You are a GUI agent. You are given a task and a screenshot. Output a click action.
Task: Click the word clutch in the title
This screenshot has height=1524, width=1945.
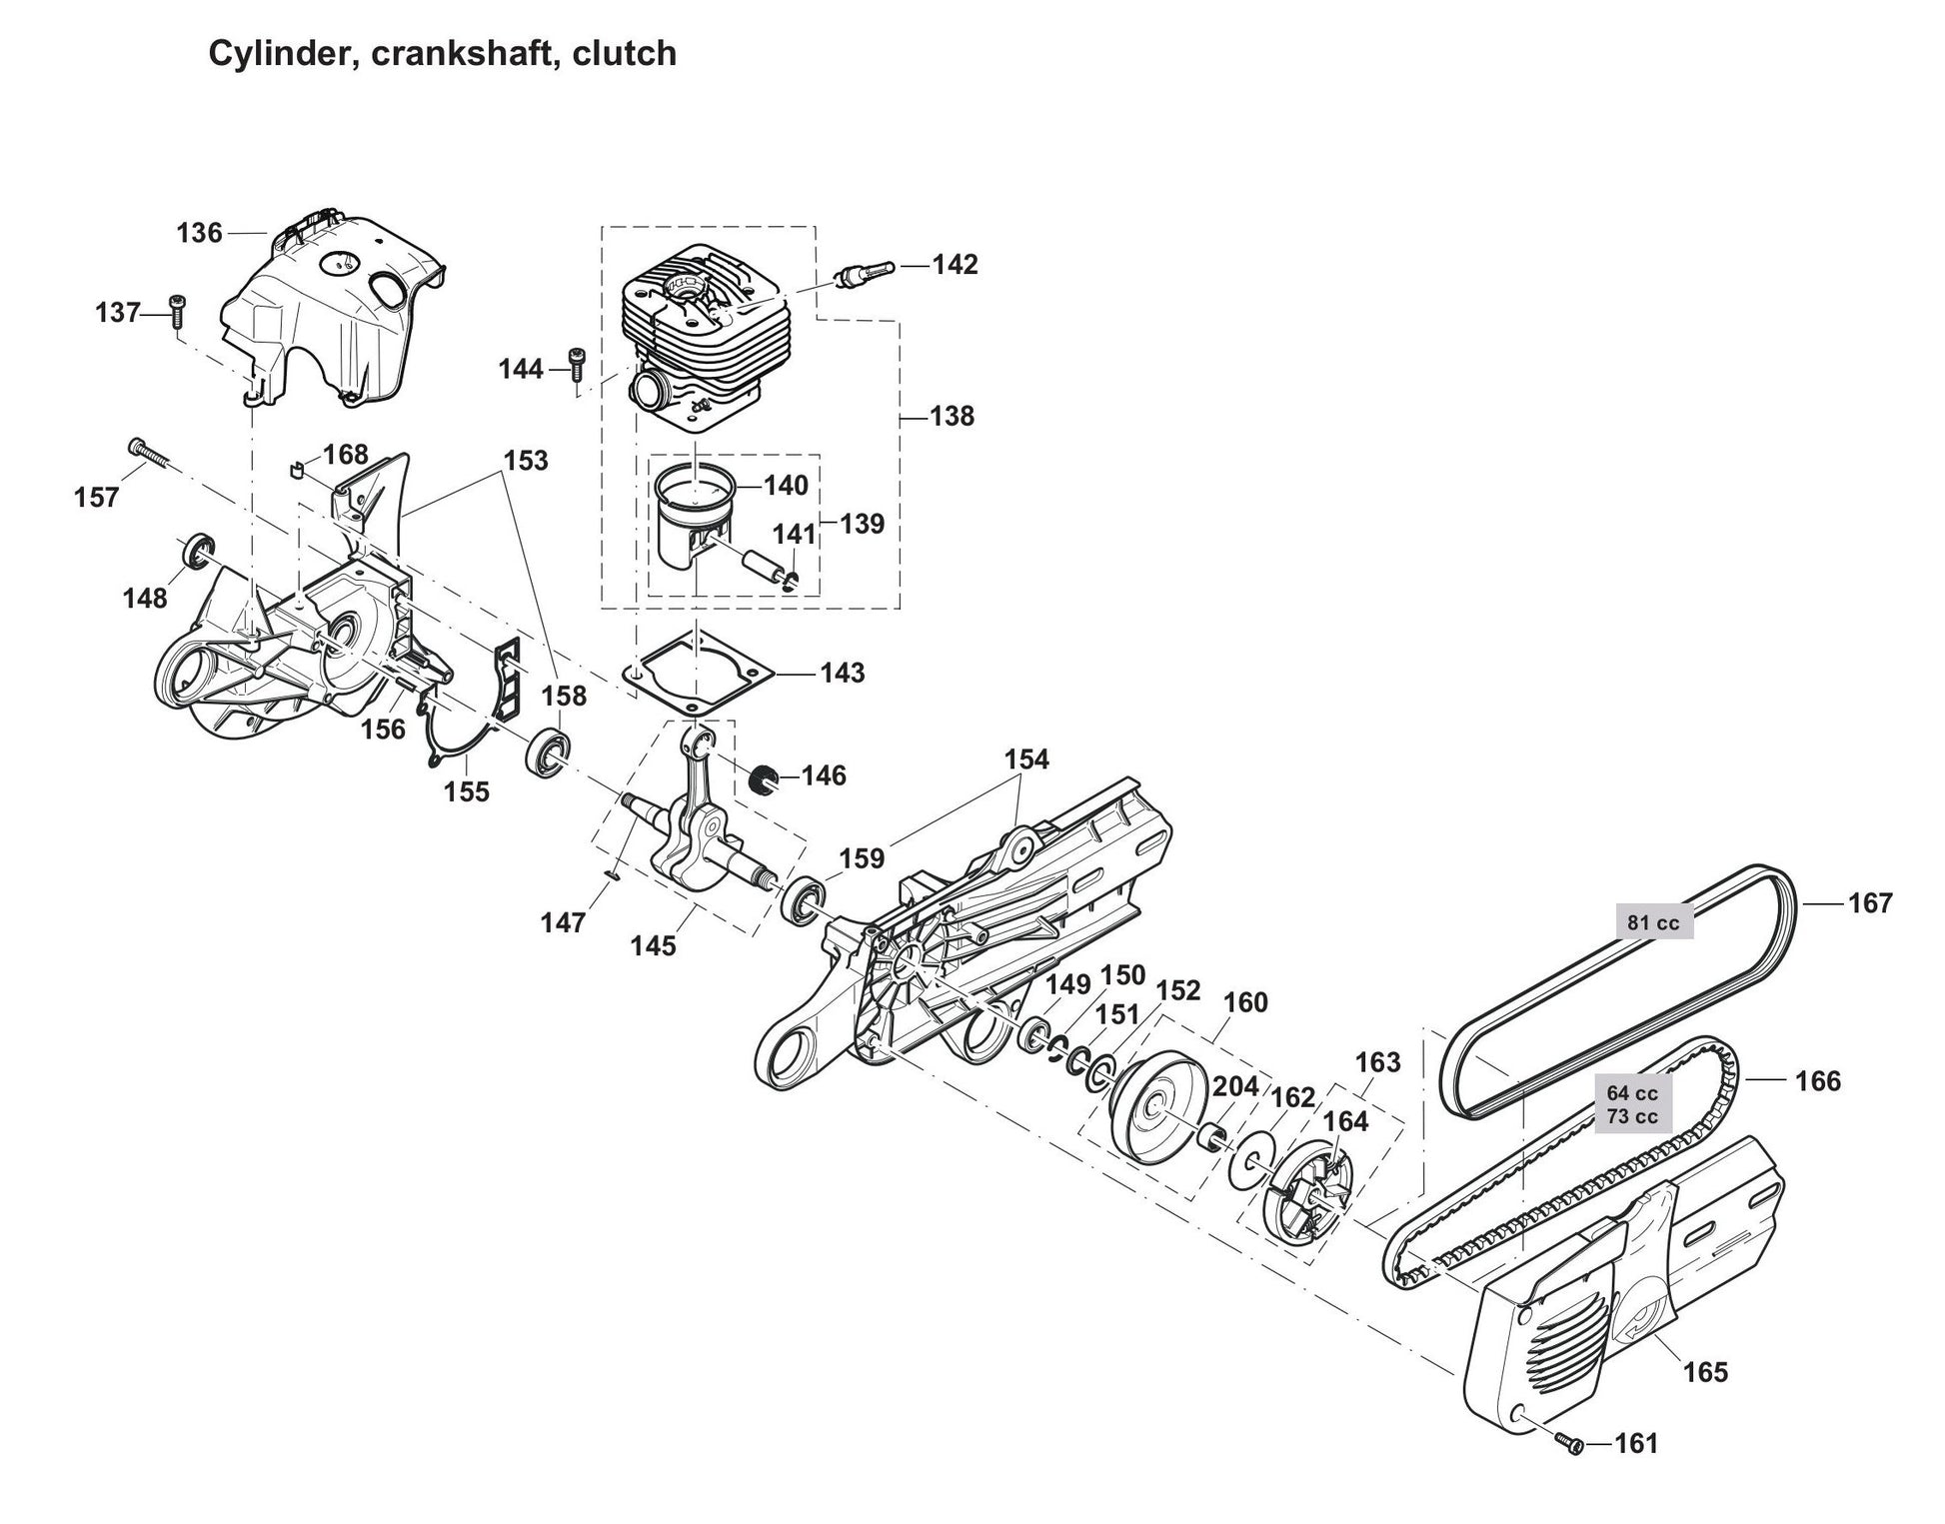[x=624, y=53]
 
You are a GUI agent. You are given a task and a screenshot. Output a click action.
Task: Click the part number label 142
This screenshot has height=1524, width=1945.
[x=955, y=265]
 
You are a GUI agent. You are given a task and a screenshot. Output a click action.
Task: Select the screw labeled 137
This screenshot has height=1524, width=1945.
[x=177, y=312]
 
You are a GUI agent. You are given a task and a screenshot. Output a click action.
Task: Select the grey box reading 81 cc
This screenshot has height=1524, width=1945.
[x=1653, y=922]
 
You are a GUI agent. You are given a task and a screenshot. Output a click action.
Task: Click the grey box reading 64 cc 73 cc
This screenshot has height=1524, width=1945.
[x=1632, y=1104]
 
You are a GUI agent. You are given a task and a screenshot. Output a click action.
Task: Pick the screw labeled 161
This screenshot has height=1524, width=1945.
[x=1570, y=1443]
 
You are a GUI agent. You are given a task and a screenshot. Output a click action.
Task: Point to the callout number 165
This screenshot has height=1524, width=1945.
[x=1705, y=1371]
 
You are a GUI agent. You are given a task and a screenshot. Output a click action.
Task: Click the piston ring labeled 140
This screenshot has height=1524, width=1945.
[x=697, y=484]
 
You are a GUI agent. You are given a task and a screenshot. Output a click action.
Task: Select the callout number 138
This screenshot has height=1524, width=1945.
[x=952, y=416]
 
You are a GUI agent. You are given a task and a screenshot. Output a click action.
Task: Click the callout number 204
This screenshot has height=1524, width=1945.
[x=1235, y=1087]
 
